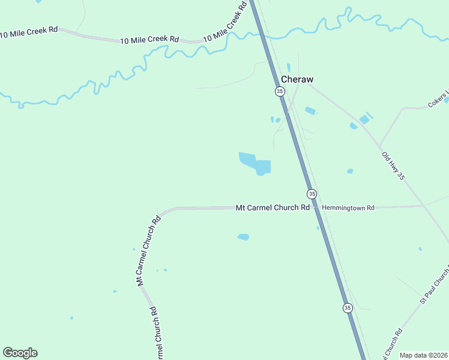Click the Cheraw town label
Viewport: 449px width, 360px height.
click(x=297, y=79)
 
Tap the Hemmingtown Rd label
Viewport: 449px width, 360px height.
click(x=348, y=208)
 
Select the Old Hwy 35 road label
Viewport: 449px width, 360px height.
click(x=394, y=166)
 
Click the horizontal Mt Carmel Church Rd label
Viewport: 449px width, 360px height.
click(x=273, y=208)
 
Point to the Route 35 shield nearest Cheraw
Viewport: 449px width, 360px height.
click(x=280, y=91)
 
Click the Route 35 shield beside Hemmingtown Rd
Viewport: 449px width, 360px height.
click(x=312, y=194)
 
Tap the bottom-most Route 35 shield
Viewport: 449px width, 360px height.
click(x=348, y=308)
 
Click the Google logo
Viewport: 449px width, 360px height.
click(x=20, y=353)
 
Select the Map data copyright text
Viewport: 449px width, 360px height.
click(x=423, y=355)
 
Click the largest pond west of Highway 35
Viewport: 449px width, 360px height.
click(x=256, y=163)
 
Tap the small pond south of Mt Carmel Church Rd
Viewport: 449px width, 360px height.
click(x=243, y=237)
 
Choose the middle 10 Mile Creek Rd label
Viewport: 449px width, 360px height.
click(x=149, y=40)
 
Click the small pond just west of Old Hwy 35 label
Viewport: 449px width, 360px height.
click(x=350, y=171)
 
